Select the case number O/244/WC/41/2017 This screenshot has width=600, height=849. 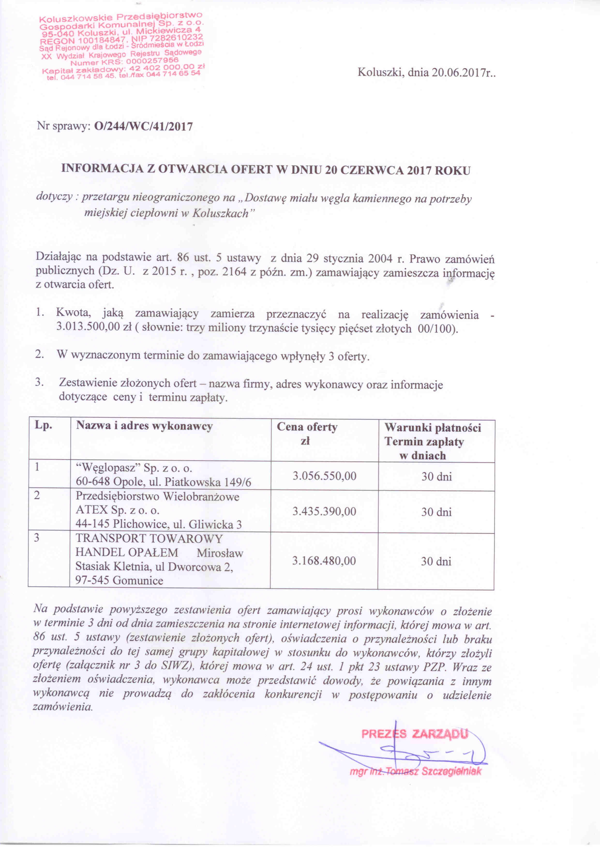144,127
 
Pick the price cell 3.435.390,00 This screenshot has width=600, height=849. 324,511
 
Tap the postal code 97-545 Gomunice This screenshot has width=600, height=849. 119,580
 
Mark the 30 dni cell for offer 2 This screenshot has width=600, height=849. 436,512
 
